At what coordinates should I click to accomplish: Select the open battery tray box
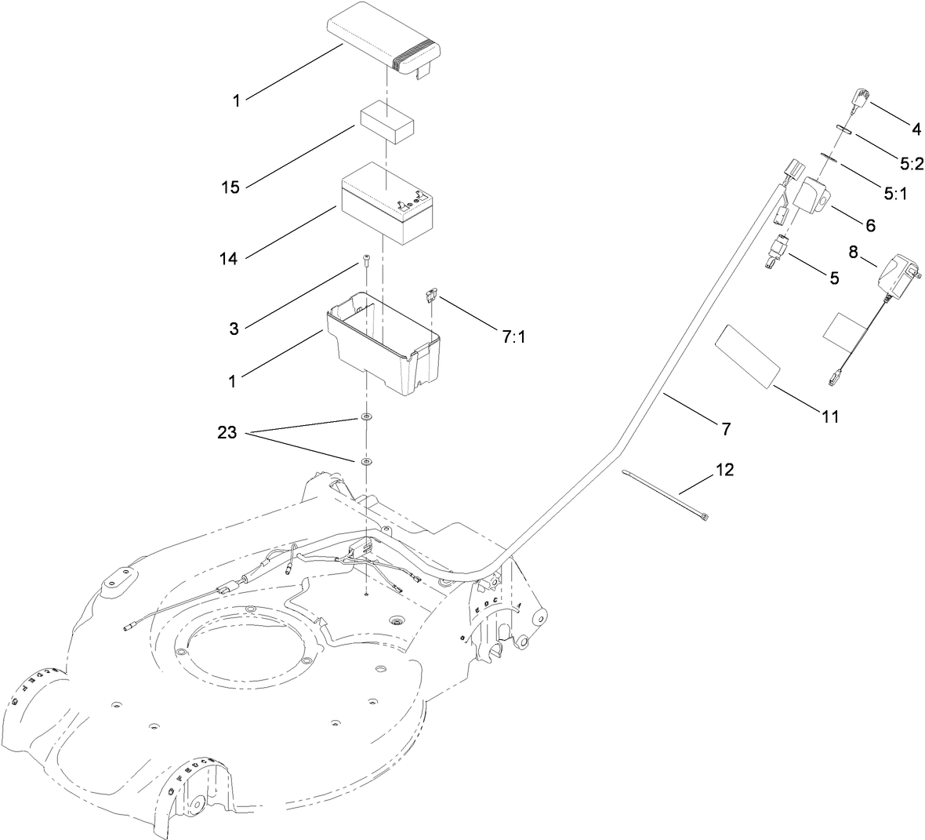pyautogui.click(x=383, y=342)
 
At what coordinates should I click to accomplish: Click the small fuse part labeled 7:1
pyautogui.click(x=430, y=296)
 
